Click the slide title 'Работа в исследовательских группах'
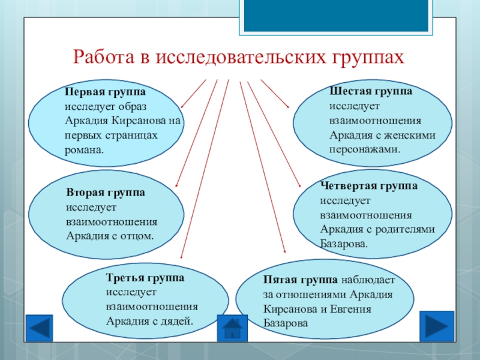[x=239, y=58]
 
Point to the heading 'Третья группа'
[x=145, y=278]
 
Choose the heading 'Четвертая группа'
[x=369, y=187]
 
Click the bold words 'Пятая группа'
[x=301, y=280]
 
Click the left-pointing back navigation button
[x=41, y=328]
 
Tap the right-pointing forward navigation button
[x=436, y=325]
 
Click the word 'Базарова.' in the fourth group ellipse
[x=344, y=244]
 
